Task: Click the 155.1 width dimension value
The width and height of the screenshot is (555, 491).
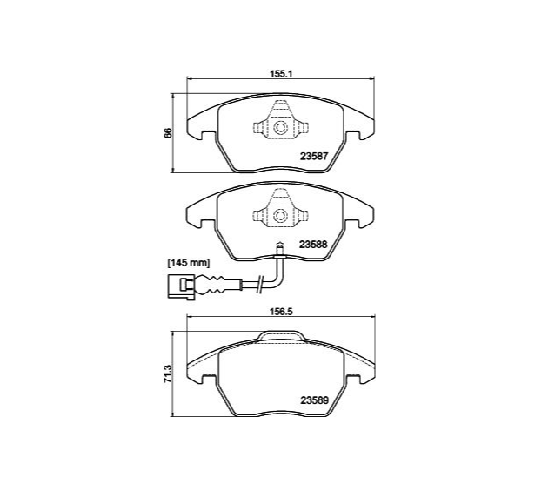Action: click(280, 74)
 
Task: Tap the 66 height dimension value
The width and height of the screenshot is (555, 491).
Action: click(168, 133)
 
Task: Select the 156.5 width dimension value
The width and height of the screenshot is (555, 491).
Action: click(280, 312)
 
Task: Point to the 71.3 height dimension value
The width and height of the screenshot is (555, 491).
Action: click(168, 373)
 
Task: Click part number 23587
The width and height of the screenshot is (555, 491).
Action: click(314, 156)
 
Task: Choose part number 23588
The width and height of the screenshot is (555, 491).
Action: click(314, 245)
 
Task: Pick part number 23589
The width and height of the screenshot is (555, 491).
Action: click(315, 400)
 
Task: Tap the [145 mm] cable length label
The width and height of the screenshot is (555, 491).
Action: click(189, 263)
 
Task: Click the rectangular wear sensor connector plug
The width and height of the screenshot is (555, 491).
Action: click(181, 287)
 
